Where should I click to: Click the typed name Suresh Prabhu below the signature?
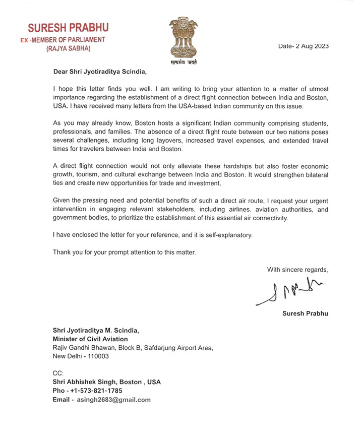pyautogui.click(x=305, y=313)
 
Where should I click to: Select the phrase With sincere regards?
pyautogui.click(x=297, y=270)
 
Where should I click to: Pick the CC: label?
pyautogui.click(x=58, y=373)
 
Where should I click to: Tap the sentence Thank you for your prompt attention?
pyautogui.click(x=124, y=252)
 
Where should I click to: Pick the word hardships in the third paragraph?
pyautogui.click(x=201, y=166)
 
